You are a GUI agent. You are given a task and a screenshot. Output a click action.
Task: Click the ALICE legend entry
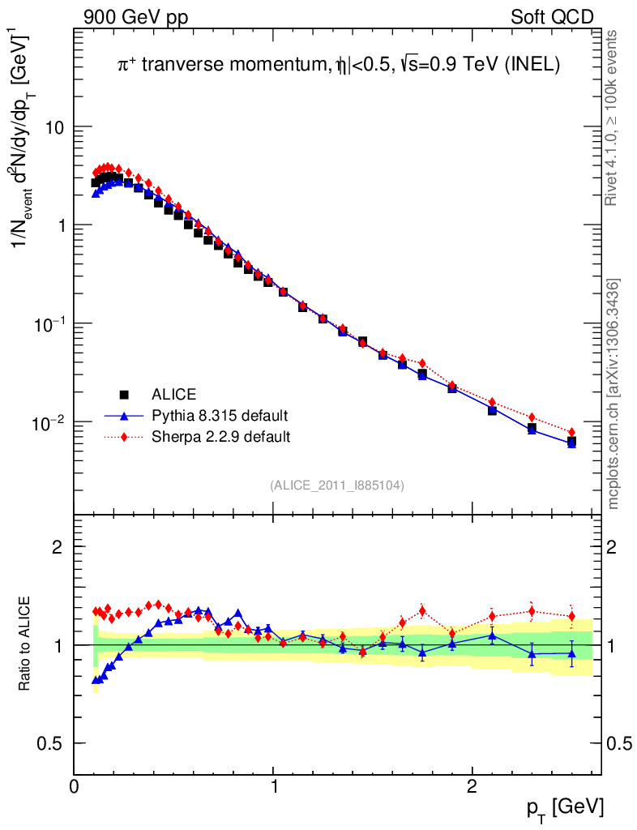[173, 395]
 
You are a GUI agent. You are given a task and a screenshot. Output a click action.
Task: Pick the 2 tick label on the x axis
[472, 785]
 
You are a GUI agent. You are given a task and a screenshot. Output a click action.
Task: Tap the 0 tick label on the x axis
[75, 785]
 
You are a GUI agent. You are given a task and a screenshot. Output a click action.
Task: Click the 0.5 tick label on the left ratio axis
[51, 743]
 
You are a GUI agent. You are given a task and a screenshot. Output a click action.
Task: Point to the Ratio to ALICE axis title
[26, 645]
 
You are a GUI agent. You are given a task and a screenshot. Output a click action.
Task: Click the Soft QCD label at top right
[552, 16]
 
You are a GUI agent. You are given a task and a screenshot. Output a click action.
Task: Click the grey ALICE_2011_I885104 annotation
[337, 485]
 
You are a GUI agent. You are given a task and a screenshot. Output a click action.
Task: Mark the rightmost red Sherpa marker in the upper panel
[571, 432]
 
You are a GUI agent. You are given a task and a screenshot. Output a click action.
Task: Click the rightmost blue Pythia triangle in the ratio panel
[571, 653]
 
